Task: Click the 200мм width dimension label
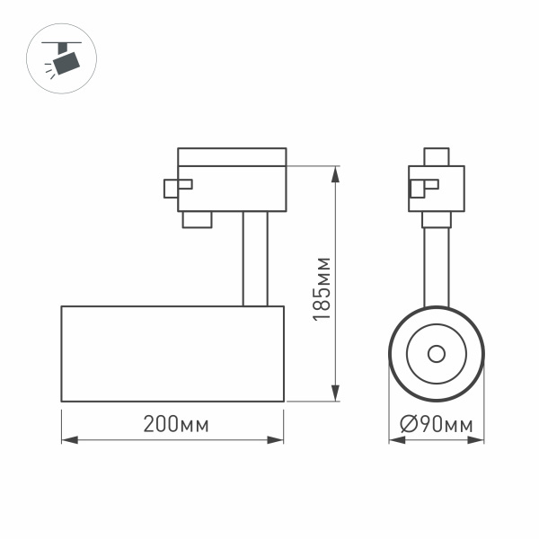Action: [175, 425]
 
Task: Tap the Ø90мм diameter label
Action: [437, 425]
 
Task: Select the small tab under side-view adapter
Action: [197, 220]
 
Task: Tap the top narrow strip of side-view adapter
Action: [232, 156]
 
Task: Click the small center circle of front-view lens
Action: [437, 352]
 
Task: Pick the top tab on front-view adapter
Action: [437, 156]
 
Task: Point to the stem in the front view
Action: [437, 265]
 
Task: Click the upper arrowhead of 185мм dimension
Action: [336, 172]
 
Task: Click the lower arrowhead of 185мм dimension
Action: [336, 394]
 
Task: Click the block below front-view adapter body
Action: [437, 219]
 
